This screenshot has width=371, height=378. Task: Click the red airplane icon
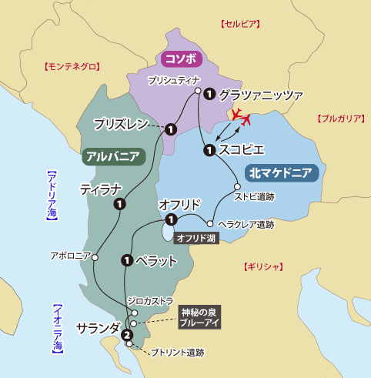click(x=243, y=118)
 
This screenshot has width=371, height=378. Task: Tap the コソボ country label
click(x=178, y=59)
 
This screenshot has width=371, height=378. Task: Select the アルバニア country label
click(x=112, y=156)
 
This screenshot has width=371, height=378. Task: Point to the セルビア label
click(x=237, y=25)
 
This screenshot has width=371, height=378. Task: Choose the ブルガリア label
click(x=339, y=119)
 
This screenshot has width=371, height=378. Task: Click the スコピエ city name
click(x=242, y=149)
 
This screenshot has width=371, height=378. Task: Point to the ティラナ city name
click(x=101, y=189)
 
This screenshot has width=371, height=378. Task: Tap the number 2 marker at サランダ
click(x=126, y=334)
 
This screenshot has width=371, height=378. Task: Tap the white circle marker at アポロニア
click(x=95, y=259)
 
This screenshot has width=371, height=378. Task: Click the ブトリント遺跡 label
click(x=177, y=353)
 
